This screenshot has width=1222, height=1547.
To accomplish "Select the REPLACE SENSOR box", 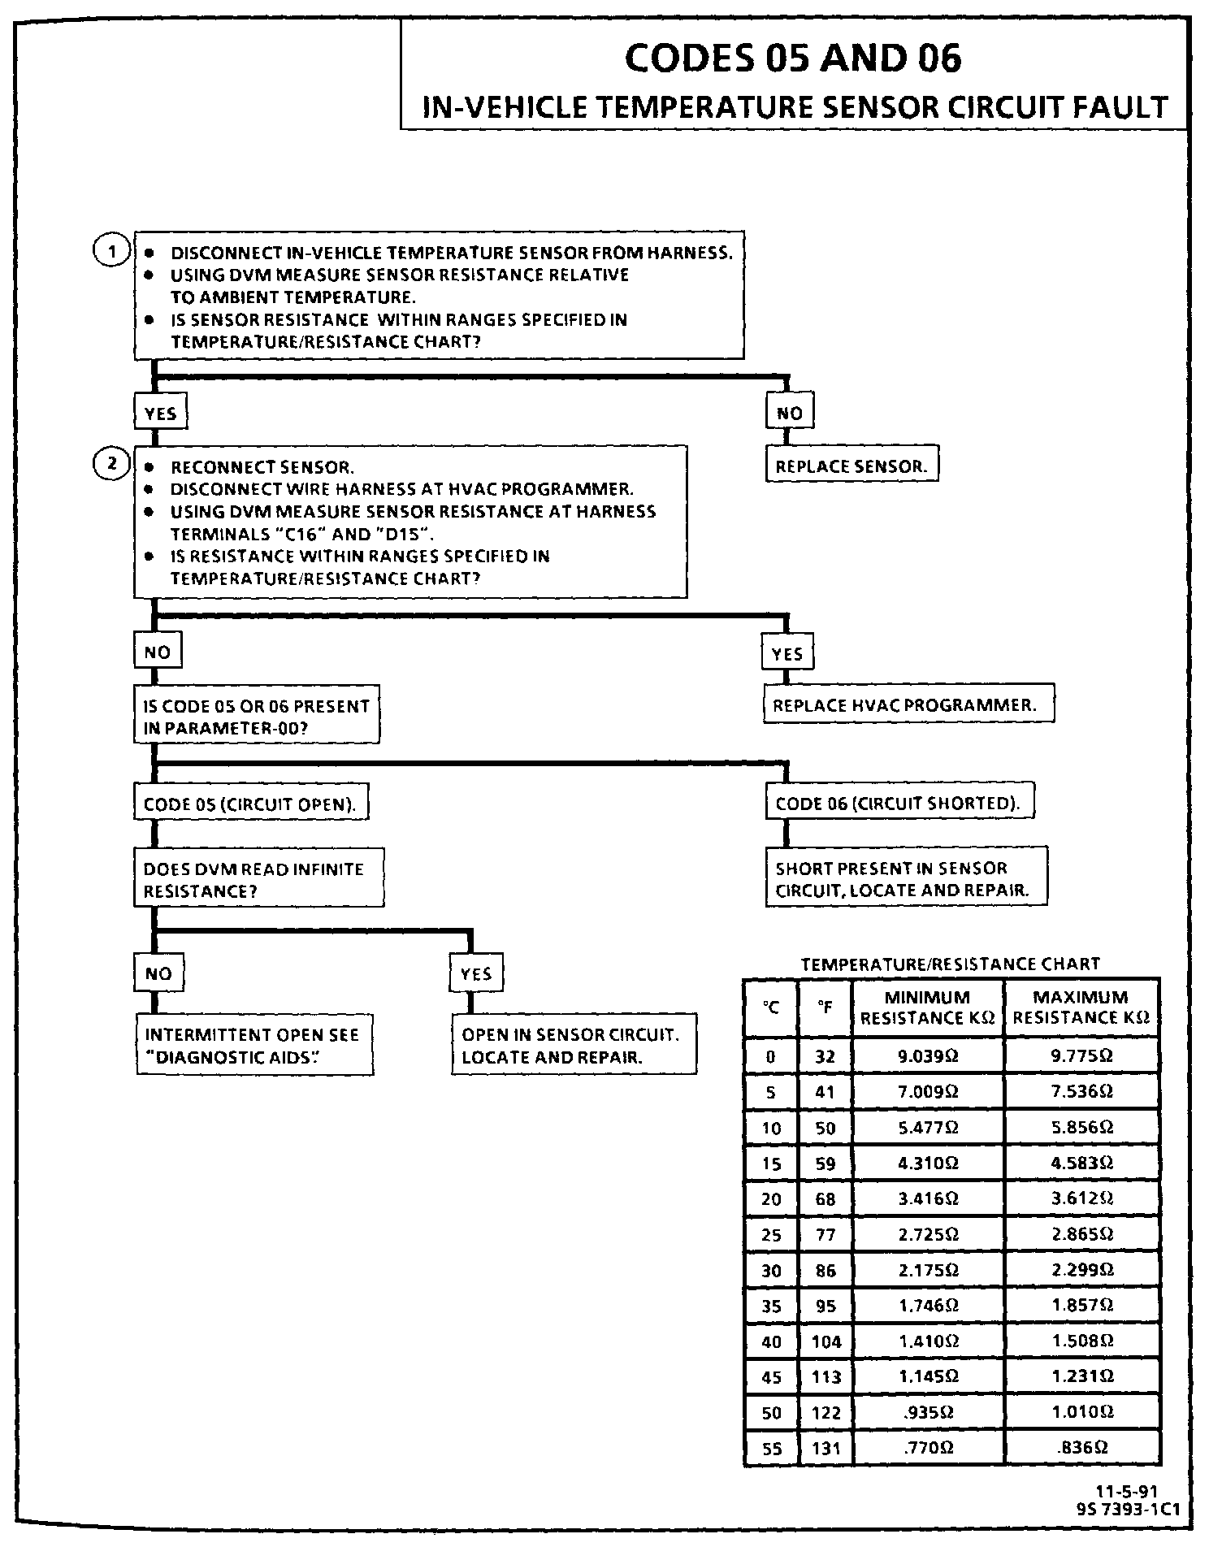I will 851,466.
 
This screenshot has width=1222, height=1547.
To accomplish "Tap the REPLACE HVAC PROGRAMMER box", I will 908,704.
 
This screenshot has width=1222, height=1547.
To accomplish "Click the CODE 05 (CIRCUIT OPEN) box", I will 250,804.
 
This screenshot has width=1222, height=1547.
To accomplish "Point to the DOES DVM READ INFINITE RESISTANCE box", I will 258,880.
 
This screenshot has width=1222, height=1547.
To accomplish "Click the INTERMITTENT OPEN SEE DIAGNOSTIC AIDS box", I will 254,1046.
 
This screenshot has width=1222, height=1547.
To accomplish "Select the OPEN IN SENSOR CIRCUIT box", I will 574,1045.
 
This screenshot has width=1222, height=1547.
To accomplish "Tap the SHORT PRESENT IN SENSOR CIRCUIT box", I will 905,878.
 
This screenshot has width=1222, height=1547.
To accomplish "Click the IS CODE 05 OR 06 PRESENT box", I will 256,717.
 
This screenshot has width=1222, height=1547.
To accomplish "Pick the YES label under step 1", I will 160,414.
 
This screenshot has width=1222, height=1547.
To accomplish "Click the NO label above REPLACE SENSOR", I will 789,413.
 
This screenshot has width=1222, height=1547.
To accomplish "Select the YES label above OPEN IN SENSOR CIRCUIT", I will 475,973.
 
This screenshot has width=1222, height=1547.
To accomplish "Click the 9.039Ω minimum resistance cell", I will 928,1056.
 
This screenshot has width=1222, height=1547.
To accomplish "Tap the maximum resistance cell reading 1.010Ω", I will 1081,1412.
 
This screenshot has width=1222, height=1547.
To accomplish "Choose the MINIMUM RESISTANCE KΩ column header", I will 927,1007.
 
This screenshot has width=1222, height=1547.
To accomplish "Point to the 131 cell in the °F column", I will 825,1448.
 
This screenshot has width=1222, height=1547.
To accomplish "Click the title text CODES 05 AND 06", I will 793,58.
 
